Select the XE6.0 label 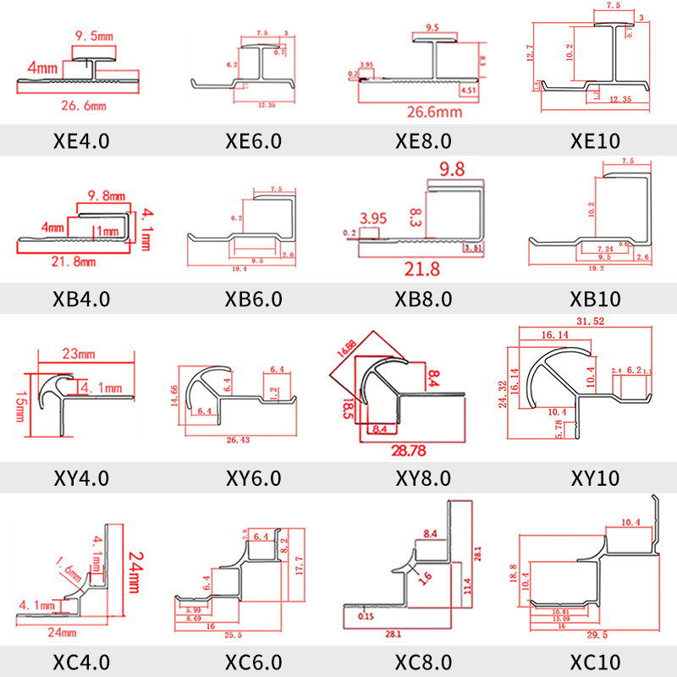pos(253,140)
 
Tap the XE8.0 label pos(423,140)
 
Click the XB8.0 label pos(423,299)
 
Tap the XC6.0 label pos(253,661)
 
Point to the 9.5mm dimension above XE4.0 pos(93,36)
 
